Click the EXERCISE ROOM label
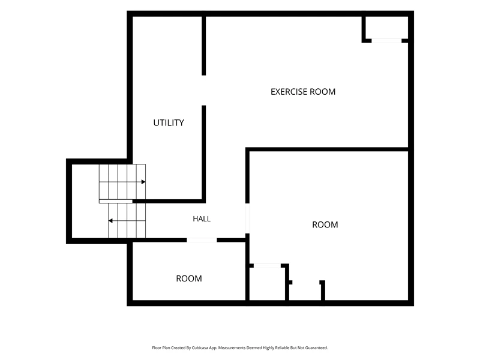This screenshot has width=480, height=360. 303,92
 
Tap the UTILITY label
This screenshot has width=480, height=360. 169,123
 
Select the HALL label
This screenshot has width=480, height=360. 202,219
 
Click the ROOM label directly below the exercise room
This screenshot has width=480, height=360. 325,224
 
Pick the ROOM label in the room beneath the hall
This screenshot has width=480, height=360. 189,278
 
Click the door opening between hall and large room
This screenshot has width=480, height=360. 247,218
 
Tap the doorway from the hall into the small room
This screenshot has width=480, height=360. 202,241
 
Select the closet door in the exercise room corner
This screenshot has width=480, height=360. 386,41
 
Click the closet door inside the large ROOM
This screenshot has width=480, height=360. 267,266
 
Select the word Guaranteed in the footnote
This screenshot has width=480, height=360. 317,348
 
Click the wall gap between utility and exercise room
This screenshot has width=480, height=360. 204,91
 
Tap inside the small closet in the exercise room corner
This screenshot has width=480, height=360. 387,28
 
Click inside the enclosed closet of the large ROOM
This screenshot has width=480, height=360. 267,284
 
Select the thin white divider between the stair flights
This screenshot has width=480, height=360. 116,201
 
